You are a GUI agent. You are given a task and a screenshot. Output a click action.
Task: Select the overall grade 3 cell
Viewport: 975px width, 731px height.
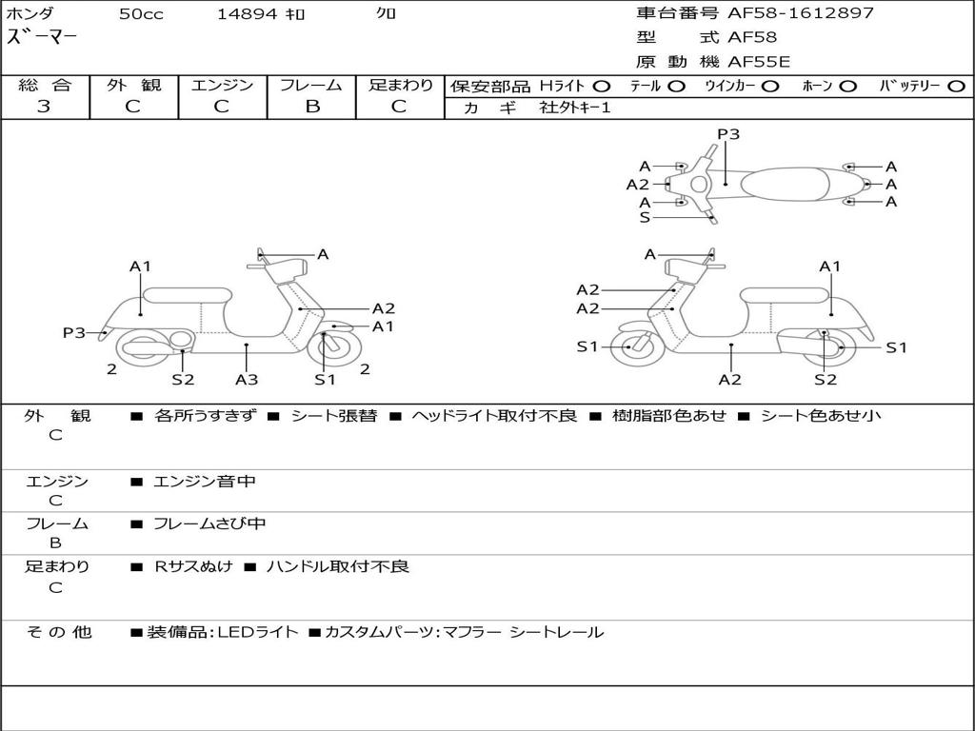point(44,107)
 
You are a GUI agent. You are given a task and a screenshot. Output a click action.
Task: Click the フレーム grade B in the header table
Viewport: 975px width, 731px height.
point(311,107)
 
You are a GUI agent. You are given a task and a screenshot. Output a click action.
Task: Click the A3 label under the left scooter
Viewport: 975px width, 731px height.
point(247,380)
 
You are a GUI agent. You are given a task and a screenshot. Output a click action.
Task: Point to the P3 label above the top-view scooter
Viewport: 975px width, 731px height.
point(728,134)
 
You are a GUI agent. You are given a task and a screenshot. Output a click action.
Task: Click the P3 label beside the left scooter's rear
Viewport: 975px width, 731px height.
point(74,332)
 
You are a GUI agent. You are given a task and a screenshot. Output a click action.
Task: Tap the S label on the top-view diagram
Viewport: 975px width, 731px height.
point(645,218)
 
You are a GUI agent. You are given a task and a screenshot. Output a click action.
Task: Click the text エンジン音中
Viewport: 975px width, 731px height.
point(205,482)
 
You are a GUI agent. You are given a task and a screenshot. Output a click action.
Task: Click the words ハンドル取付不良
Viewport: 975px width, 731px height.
point(337,566)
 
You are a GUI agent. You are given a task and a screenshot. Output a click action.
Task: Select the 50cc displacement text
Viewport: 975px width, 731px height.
point(139,14)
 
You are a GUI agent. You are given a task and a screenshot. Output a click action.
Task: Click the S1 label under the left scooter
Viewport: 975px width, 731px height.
point(326,380)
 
